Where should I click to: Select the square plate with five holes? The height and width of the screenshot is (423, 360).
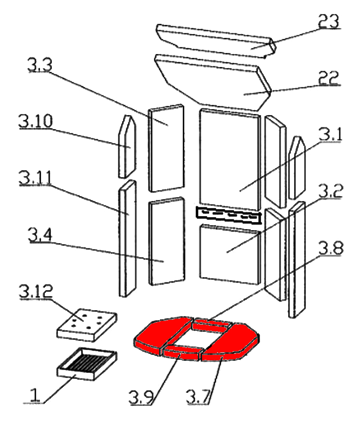(84, 323)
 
